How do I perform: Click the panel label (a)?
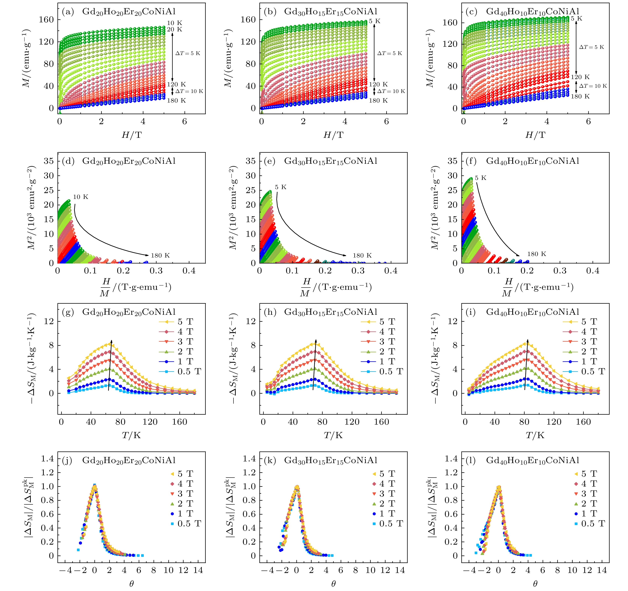coord(68,12)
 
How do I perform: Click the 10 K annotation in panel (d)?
coord(81,197)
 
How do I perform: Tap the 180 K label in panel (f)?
coord(536,254)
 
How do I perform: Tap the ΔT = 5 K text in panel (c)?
coord(591,47)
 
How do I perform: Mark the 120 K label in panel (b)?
coord(378,84)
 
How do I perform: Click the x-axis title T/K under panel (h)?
coord(333,435)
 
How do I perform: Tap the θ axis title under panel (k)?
coord(333,584)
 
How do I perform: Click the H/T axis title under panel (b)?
coord(333,135)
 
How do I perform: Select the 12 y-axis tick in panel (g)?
coord(49,321)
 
